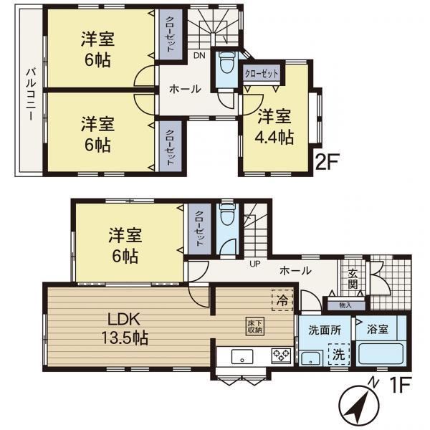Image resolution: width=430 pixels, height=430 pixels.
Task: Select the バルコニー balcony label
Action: [x=31, y=95]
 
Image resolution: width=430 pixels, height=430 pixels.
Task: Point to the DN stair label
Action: [x=199, y=56]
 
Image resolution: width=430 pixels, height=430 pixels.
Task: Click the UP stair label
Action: [x=255, y=264]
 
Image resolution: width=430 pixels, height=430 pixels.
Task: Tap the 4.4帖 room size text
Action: [x=274, y=137]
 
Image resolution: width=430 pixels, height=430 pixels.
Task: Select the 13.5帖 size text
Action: [x=125, y=338]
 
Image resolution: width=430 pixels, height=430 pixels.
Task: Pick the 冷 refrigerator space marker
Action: [x=282, y=300]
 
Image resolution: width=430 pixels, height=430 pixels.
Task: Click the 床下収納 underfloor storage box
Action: [x=255, y=326]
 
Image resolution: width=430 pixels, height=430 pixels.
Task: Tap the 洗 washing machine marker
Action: [x=339, y=354]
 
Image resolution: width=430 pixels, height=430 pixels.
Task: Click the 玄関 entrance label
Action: [x=353, y=279]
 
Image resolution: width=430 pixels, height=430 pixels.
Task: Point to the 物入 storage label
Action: [x=345, y=305]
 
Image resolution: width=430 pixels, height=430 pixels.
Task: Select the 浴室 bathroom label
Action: [x=378, y=329]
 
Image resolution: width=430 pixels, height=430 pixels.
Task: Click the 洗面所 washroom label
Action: [x=325, y=330]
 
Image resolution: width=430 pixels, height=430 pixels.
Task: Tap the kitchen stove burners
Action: [x=281, y=356]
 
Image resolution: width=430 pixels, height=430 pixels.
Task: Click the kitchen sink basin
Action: [x=242, y=356]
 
